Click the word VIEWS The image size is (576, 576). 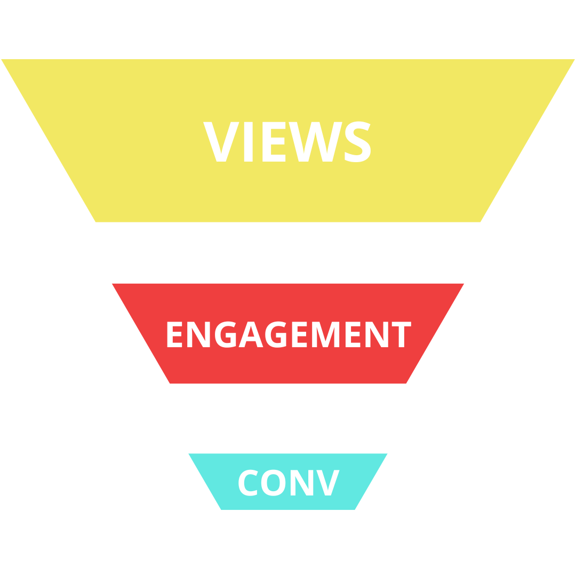click(287, 141)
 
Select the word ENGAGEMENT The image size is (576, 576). click(289, 334)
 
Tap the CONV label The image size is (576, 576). click(288, 482)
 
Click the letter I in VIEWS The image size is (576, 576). click(248, 141)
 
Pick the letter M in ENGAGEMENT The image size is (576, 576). click(325, 334)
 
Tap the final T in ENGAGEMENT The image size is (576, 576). click(403, 334)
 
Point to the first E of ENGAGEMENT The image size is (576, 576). click(174, 334)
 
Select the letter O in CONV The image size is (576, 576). click(273, 482)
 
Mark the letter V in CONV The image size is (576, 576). click(327, 482)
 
